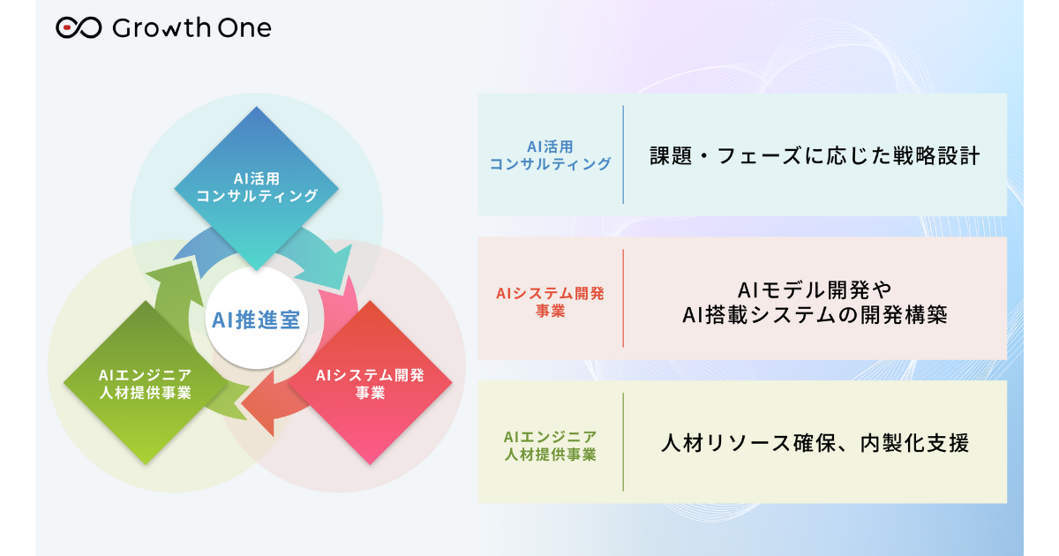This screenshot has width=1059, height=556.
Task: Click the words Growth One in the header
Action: pyautogui.click(x=192, y=28)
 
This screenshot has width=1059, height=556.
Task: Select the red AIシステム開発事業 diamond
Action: pyautogui.click(x=370, y=383)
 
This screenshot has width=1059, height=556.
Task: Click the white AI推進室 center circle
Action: pyautogui.click(x=256, y=319)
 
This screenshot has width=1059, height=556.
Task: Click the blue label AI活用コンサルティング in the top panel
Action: pyautogui.click(x=550, y=154)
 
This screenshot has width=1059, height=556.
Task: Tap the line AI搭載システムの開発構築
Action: pyautogui.click(x=815, y=315)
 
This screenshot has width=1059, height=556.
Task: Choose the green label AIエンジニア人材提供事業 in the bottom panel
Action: pyautogui.click(x=550, y=445)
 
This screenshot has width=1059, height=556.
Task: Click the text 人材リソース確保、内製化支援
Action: pyautogui.click(x=815, y=443)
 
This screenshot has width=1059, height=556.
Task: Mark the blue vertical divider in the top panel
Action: pyautogui.click(x=623, y=154)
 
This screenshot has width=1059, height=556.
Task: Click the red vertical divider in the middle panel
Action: pyautogui.click(x=623, y=298)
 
